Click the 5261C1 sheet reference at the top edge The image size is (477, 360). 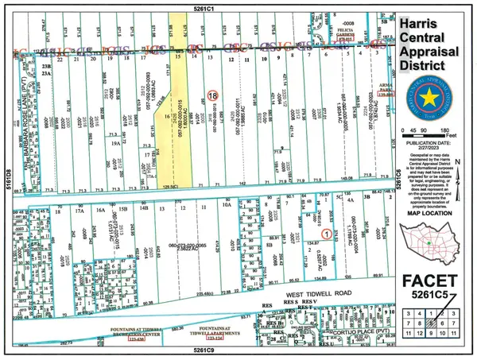pyautogui.click(x=220, y=5)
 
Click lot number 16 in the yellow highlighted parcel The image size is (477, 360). pyautogui.click(x=168, y=117)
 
